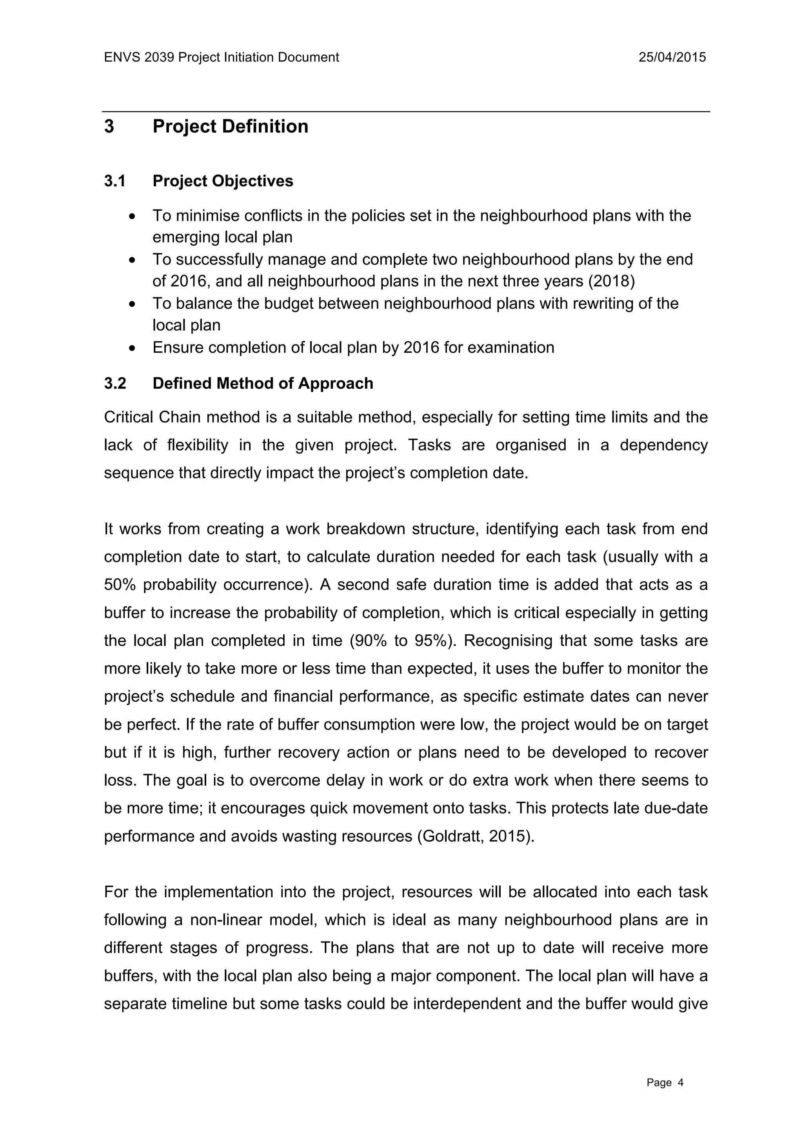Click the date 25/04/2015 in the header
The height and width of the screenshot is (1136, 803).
tap(672, 57)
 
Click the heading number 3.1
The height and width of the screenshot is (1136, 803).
tap(115, 181)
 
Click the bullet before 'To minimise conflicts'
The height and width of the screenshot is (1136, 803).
tap(131, 217)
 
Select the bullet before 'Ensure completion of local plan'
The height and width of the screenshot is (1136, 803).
tap(131, 348)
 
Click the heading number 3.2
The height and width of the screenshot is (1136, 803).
tap(115, 384)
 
